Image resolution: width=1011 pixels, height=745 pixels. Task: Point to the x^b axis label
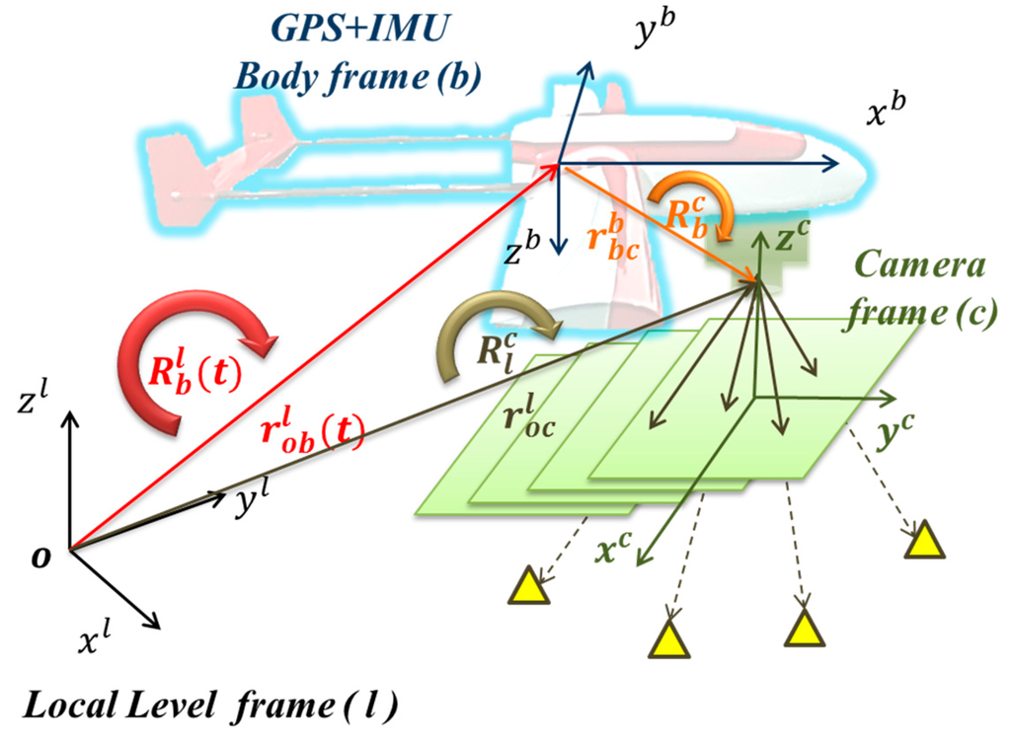pos(887,116)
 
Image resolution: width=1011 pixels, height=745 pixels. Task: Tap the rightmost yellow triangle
pos(924,541)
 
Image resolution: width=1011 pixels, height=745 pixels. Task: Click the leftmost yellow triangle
pos(527,586)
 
